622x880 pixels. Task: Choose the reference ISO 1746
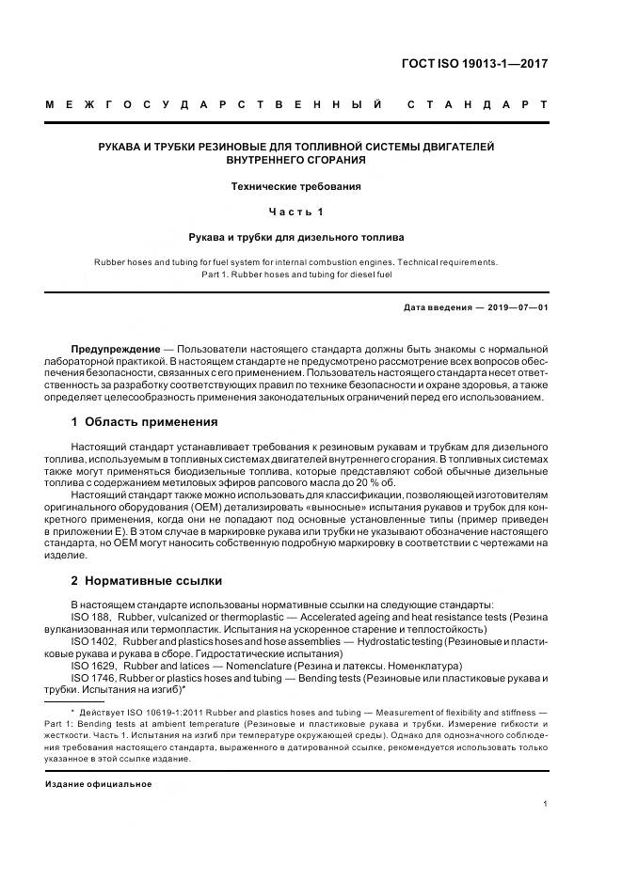pyautogui.click(x=88, y=677)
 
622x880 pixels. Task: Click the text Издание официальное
pyautogui.click(x=99, y=783)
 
